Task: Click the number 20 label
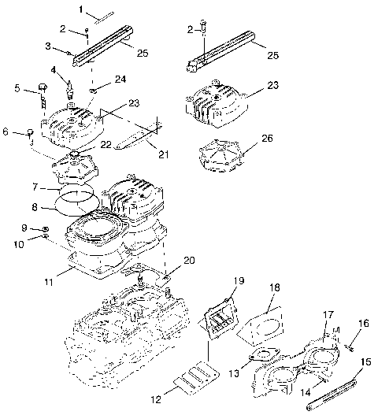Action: [x=188, y=261]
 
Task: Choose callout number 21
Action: [x=163, y=154]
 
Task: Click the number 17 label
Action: [x=328, y=315]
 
